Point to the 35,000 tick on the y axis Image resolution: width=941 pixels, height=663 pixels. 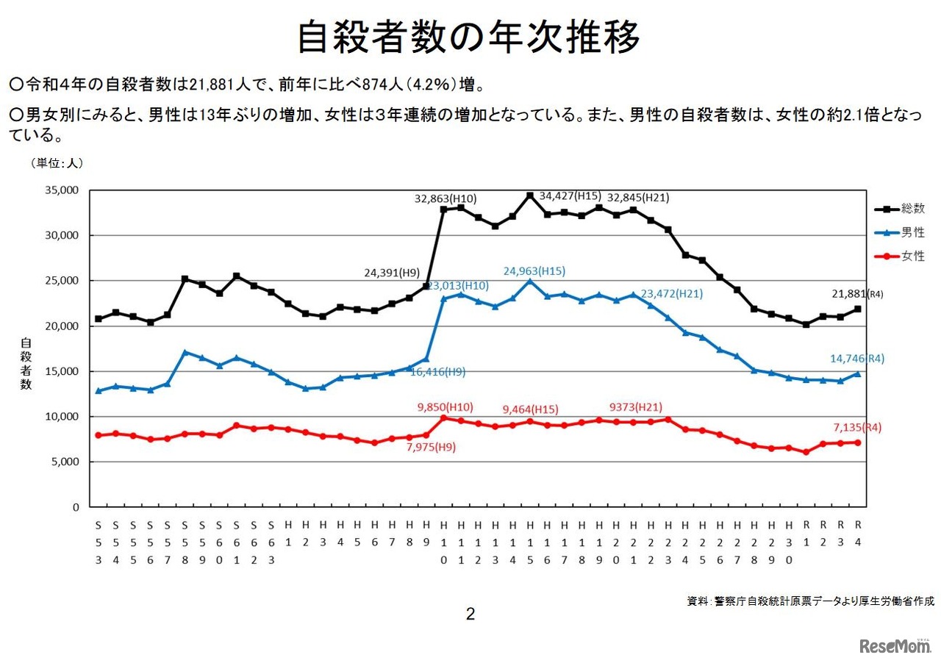[x=62, y=190]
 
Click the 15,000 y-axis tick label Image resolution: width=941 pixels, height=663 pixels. [x=62, y=371]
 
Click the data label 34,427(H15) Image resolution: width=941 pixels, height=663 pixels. [x=570, y=196]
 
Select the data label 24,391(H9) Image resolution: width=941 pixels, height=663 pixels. [x=392, y=273]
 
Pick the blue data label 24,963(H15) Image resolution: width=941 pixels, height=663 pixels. [x=534, y=270]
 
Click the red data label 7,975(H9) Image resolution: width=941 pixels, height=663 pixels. [x=431, y=447]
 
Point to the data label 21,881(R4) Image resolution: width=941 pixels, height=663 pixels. [x=852, y=293]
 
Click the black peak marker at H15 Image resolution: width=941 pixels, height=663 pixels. [x=529, y=196]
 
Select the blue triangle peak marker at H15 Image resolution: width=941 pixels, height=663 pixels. [x=529, y=281]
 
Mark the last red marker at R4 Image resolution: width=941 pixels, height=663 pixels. [x=857, y=442]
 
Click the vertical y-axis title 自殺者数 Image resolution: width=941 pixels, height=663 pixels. [x=26, y=364]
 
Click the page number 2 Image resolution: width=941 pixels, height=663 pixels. [x=470, y=614]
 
